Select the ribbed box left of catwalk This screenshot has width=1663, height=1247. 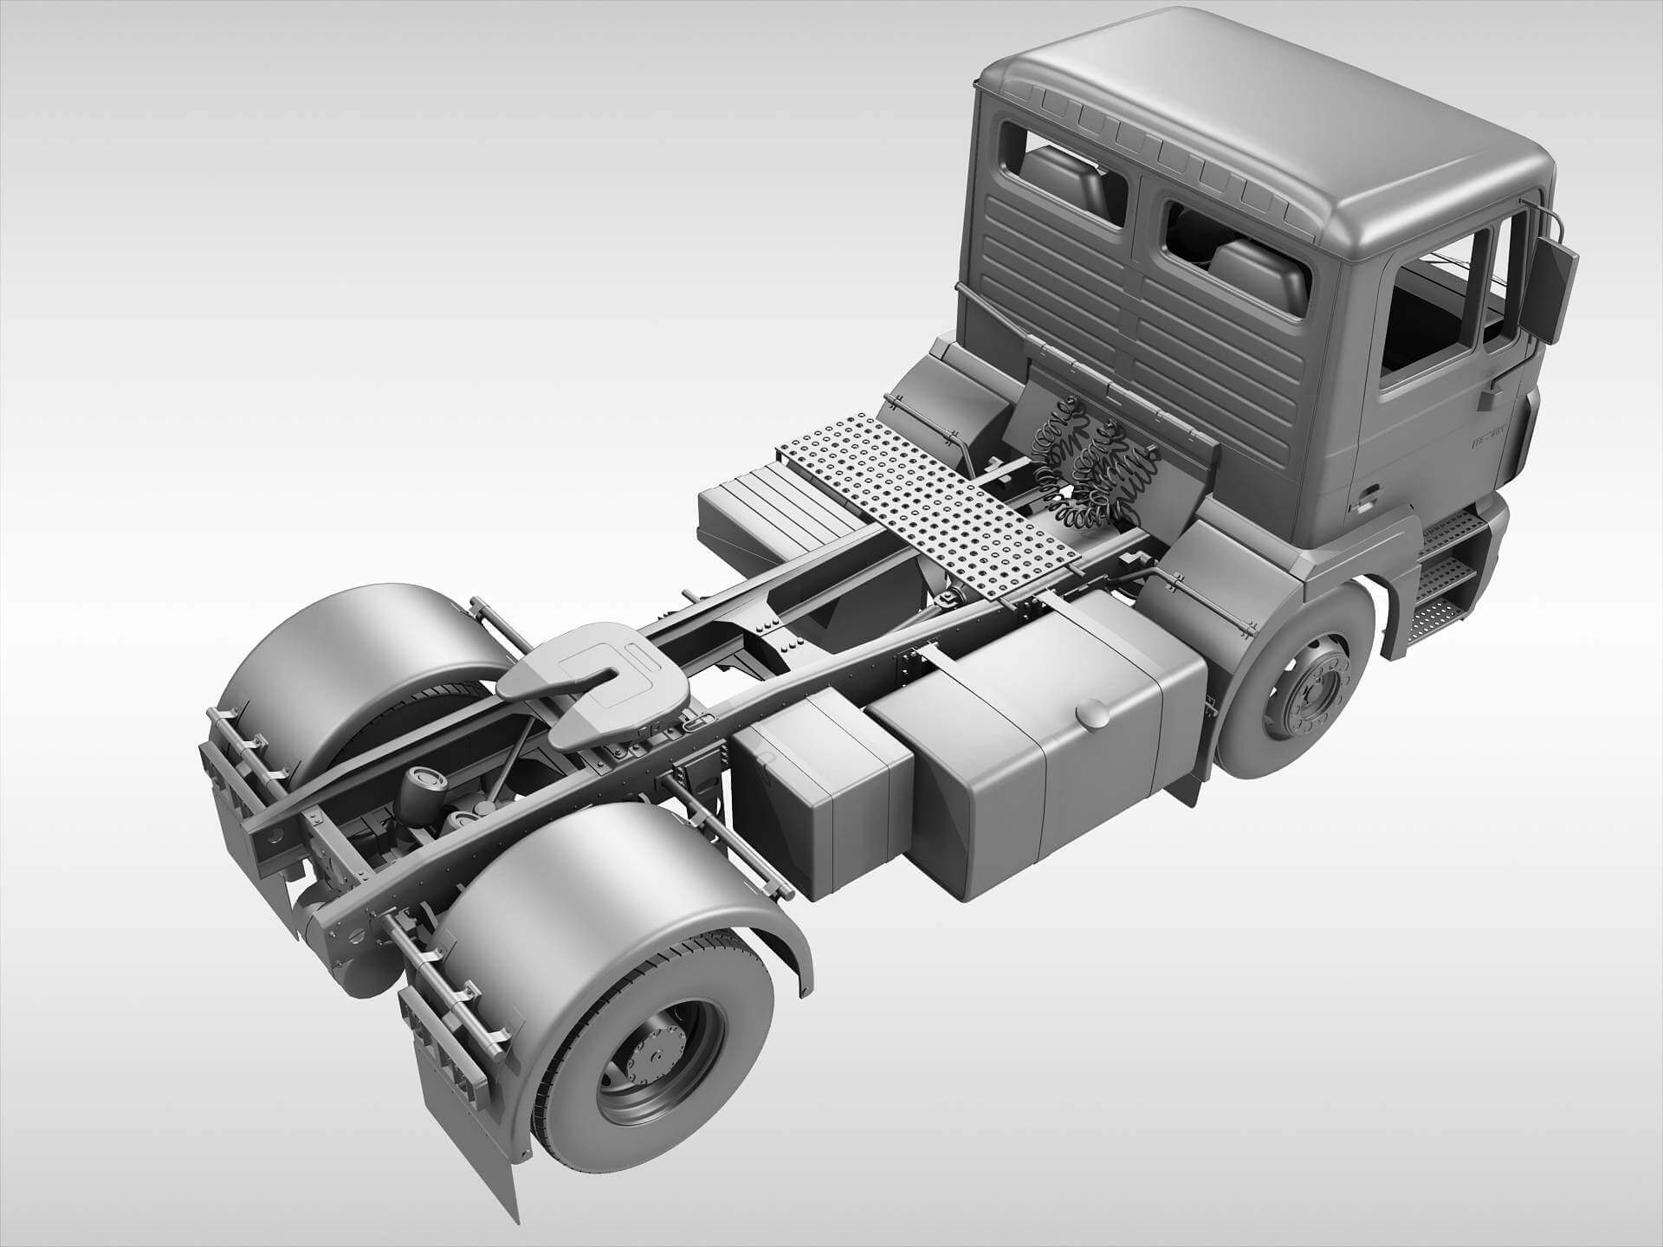pos(762,511)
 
